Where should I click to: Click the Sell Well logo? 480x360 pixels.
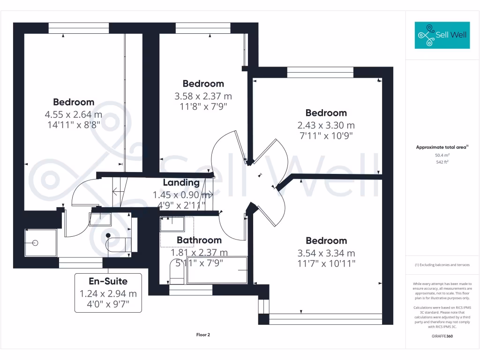442,35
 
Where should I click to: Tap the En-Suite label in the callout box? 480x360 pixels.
108,281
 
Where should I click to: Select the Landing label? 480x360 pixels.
181,183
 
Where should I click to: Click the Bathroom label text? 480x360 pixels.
199,240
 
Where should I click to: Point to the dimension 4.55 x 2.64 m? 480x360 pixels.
73,114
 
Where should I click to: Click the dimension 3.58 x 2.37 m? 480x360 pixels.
203,96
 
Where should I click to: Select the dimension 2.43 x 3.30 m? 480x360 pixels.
326,125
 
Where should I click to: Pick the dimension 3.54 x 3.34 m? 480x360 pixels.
326,253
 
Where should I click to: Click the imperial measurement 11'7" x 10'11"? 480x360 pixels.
326,264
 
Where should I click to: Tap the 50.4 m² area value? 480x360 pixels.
442,155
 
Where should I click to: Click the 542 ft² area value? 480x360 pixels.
442,162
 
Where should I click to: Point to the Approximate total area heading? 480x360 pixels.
442,147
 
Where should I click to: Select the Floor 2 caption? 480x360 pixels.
203,335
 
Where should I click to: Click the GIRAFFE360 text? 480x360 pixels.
442,336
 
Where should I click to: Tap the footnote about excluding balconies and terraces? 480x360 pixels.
442,265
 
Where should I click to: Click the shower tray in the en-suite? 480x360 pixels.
40,243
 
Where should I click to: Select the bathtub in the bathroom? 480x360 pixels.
217,270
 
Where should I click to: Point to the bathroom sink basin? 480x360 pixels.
172,224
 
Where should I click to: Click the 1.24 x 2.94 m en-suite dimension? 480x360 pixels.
108,294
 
